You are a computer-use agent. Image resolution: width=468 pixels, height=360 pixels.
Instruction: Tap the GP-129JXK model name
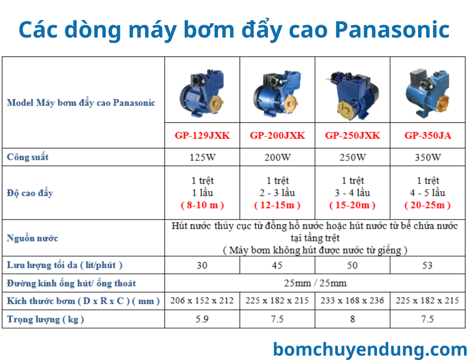(x=202, y=136)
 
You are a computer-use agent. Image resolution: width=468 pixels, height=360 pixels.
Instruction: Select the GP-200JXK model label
(x=277, y=136)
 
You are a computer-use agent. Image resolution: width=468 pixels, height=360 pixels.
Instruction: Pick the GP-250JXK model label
(x=352, y=136)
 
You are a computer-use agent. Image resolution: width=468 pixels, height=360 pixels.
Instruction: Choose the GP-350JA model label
(x=427, y=136)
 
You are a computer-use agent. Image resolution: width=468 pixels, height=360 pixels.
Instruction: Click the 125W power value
(x=202, y=157)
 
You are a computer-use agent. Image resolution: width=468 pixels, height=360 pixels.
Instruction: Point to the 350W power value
(x=427, y=157)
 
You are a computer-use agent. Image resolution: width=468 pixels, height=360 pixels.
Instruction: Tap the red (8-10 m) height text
(x=202, y=205)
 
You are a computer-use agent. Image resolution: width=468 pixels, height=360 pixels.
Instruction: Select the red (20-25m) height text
(x=427, y=205)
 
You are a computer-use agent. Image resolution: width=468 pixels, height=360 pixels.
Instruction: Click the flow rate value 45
(x=277, y=265)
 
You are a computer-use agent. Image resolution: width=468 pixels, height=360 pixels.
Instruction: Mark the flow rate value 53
(x=427, y=265)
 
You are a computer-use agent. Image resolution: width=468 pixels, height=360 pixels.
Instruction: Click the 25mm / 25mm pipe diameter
(x=315, y=283)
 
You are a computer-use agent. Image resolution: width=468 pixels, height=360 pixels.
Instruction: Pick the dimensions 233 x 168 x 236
(x=352, y=301)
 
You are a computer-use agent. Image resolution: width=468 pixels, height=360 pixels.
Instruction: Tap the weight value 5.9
(x=202, y=319)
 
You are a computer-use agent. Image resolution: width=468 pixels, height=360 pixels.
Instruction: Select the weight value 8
(x=352, y=319)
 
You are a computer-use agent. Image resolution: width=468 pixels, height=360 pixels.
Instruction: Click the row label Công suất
(x=28, y=157)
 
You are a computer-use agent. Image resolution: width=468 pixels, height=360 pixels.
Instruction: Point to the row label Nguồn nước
(x=32, y=238)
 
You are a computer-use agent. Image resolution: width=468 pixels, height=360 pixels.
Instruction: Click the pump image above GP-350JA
(x=427, y=93)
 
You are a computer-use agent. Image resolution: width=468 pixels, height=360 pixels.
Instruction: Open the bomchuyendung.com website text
(x=370, y=349)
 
